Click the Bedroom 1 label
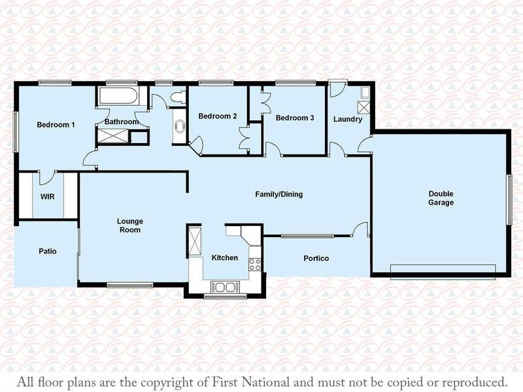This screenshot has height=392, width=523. (56, 125)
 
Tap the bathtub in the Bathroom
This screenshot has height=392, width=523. (118, 95)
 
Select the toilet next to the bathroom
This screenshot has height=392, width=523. (178, 97)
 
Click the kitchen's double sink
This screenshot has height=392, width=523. (225, 287)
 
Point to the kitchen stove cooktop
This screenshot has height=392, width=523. (255, 265)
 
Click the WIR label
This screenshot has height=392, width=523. (47, 197)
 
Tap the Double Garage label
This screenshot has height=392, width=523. (441, 198)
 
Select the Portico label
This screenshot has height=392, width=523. (316, 258)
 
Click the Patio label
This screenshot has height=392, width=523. (48, 251)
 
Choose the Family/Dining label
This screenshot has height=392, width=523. (279, 194)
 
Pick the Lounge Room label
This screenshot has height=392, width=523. (130, 225)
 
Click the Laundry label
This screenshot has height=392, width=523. (348, 120)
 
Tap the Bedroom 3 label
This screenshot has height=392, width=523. (295, 118)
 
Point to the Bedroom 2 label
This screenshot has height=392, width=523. (218, 116)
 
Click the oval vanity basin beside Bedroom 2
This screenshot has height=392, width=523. (179, 126)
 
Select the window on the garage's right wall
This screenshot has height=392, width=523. (509, 199)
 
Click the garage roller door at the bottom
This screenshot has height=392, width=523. (443, 272)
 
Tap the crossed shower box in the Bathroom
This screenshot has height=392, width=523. (112, 137)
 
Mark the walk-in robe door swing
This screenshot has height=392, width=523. (47, 178)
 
